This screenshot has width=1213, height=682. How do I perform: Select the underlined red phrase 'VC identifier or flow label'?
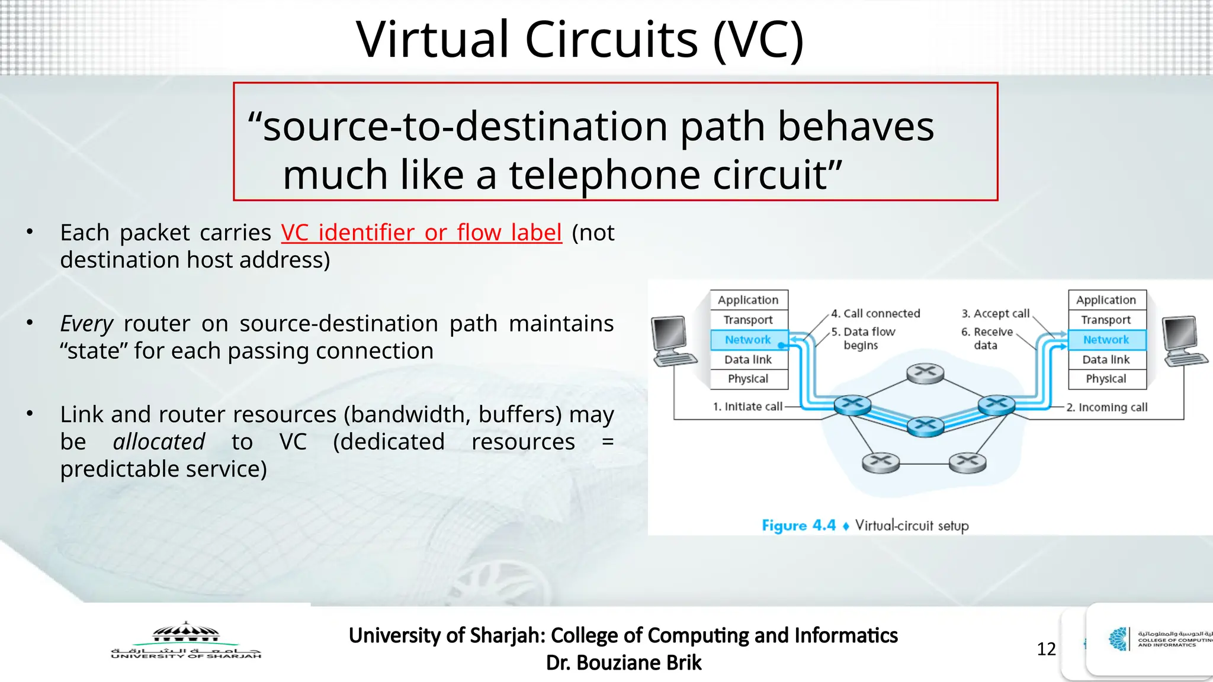421,233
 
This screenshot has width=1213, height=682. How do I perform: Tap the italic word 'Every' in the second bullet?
86,324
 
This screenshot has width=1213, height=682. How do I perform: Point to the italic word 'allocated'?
159,442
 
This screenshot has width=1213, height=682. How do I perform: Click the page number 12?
1046,649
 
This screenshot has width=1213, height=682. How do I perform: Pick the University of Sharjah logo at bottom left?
186,641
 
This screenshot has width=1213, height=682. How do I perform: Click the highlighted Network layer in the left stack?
748,340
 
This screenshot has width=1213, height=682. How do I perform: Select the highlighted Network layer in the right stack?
1106,340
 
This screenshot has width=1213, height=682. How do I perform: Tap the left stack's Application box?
748,300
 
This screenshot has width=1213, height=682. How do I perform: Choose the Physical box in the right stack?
1106,379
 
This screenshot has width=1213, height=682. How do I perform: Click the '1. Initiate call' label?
747,407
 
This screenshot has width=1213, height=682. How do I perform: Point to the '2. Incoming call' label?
1106,407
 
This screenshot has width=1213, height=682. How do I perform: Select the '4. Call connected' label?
875,314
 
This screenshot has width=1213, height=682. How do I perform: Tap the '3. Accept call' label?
995,314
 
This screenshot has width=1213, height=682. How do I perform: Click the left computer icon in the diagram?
673,342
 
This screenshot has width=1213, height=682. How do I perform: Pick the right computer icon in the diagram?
1183,342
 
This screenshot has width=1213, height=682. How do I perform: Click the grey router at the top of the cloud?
925,373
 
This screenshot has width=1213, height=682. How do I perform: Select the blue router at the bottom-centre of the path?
925,426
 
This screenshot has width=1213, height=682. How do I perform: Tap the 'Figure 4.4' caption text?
798,526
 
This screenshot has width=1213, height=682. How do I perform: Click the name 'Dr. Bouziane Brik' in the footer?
624,662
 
